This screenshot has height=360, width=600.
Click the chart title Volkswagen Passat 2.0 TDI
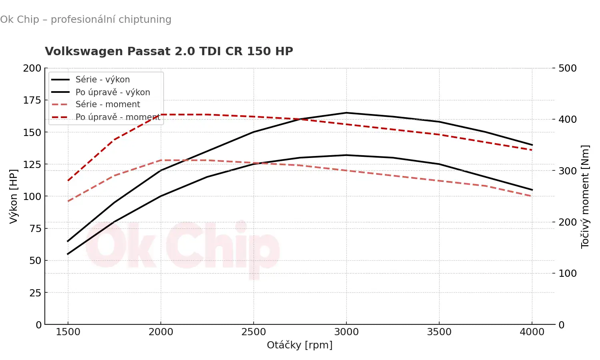pyautogui.click(x=169, y=51)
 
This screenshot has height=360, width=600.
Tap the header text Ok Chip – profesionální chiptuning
pyautogui.click(x=86, y=19)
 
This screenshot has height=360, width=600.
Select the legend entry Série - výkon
pyautogui.click(x=102, y=80)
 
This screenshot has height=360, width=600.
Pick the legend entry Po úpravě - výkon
pyautogui.click(x=113, y=92)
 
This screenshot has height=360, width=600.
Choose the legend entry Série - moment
pyautogui.click(x=108, y=104)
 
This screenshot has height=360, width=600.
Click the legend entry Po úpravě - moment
pyautogui.click(x=118, y=117)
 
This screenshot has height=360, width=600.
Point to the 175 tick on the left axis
pyautogui.click(x=32, y=100)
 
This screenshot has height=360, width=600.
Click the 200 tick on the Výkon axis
pyautogui.click(x=32, y=68)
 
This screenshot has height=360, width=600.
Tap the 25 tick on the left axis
pyautogui.click(x=35, y=293)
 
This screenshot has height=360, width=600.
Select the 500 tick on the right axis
pyautogui.click(x=567, y=68)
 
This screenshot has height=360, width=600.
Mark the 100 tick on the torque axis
pyautogui.click(x=567, y=273)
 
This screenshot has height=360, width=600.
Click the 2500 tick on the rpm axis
pyautogui.click(x=254, y=332)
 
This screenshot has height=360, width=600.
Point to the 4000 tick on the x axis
pyautogui.click(x=532, y=332)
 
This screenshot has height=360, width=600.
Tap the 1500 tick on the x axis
pyautogui.click(x=68, y=332)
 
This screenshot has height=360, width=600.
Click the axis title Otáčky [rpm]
pyautogui.click(x=300, y=345)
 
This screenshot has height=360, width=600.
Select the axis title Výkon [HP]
pyautogui.click(x=14, y=196)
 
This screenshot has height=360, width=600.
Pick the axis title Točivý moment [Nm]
pyautogui.click(x=585, y=196)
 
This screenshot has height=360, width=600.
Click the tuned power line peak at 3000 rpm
pyautogui.click(x=346, y=113)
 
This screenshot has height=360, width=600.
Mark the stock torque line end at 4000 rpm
pyautogui.click(x=532, y=196)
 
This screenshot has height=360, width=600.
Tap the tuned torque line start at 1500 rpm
pyautogui.click(x=68, y=180)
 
